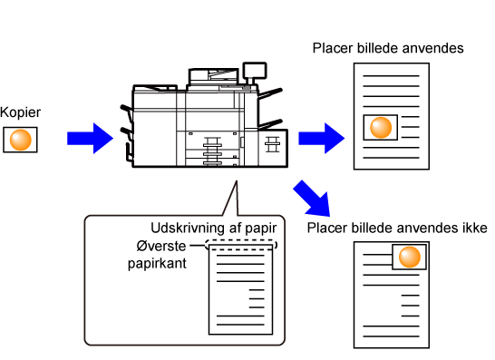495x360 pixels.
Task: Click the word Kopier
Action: point(20,112)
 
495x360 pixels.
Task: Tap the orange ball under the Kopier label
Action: point(21,140)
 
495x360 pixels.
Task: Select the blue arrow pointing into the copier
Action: point(91,139)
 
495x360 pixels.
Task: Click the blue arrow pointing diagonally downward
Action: point(312,199)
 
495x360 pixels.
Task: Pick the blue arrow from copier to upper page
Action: point(322,139)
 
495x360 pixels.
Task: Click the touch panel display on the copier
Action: point(255,70)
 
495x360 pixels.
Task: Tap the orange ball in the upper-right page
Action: point(381,128)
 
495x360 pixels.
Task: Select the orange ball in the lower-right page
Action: point(410,257)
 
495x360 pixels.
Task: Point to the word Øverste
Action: point(161,246)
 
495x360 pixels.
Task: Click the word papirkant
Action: point(157,264)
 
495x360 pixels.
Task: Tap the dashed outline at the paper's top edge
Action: point(241,240)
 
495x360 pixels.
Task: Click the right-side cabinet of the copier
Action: point(273,148)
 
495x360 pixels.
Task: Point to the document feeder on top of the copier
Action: point(213,76)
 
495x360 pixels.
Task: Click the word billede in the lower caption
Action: point(375,228)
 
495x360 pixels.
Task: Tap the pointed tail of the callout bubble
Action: point(237,181)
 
